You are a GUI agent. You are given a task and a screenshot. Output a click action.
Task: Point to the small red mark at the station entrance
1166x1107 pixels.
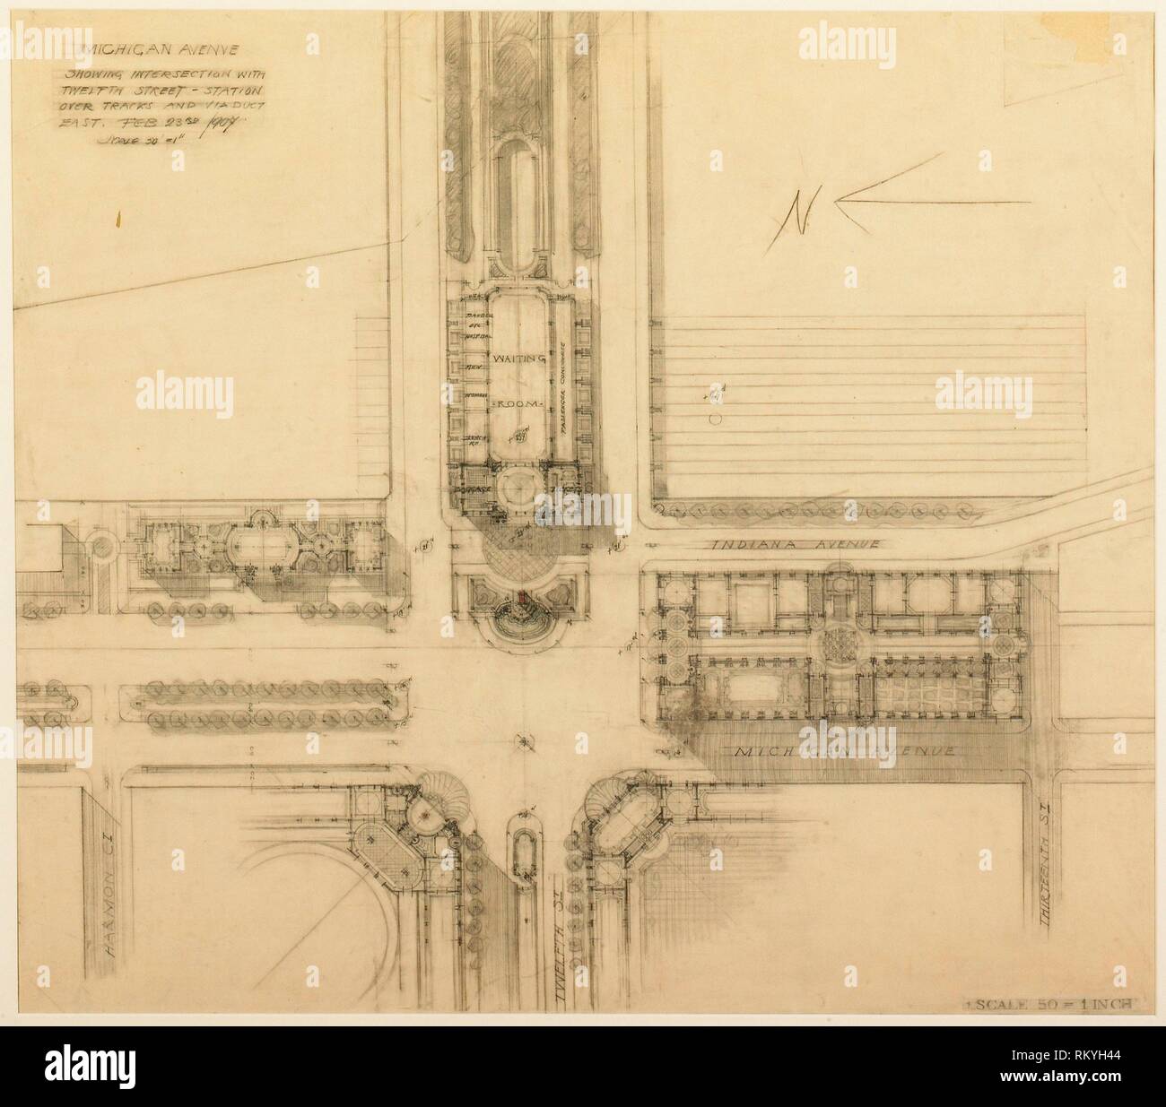pyautogui.click(x=522, y=598)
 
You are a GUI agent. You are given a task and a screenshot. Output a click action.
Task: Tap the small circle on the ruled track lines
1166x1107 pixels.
pyautogui.click(x=716, y=419)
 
